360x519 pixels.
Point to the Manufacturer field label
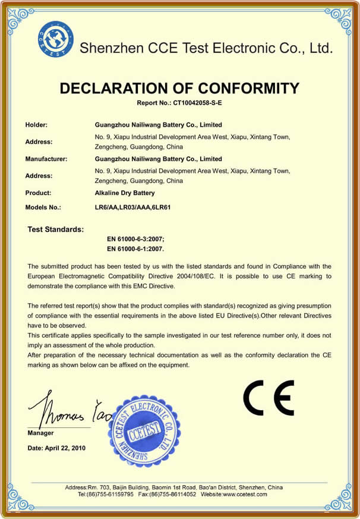pos(46,159)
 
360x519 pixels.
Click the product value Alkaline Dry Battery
pos(125,193)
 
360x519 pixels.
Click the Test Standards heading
pos(56,229)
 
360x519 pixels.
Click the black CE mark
pos(269,398)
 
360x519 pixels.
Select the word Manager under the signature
pos(40,433)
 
